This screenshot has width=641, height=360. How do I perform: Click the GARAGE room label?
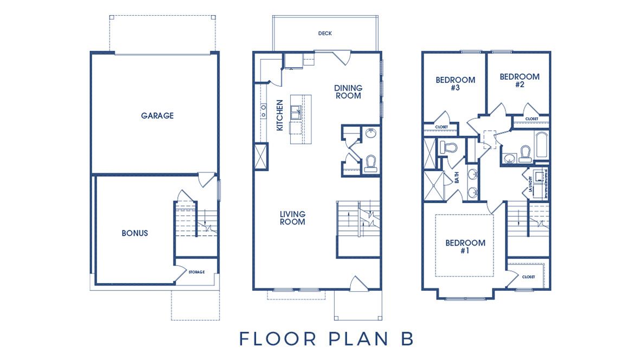pos(157,115)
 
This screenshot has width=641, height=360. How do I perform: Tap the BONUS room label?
pos(134,233)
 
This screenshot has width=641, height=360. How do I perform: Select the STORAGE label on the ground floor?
pos(196,272)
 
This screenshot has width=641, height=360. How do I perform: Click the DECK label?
pos(325,34)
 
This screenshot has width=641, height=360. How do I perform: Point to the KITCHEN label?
pos(280,115)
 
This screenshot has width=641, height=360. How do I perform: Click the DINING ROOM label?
pos(348,92)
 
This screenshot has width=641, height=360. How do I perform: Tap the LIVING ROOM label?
pos(292,218)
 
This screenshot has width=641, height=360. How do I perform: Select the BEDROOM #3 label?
pos(455,83)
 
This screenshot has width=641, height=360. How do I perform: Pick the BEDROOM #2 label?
pos(519,80)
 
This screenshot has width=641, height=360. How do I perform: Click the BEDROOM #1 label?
pos(465,247)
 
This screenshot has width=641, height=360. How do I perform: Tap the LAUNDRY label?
pos(531,183)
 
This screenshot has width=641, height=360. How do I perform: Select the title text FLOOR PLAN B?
pos(326,338)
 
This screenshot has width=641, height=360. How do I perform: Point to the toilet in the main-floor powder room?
pos(371,163)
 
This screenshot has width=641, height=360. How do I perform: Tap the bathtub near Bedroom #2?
pos(542,145)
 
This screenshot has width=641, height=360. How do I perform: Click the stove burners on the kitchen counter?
pos(264,111)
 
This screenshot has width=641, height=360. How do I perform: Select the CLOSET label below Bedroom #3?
pos(441,127)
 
